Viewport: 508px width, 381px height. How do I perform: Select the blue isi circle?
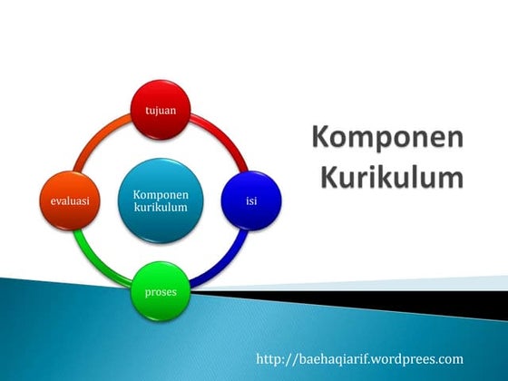point(251,200)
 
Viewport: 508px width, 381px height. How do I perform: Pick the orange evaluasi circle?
point(70,200)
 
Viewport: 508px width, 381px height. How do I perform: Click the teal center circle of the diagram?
point(161,200)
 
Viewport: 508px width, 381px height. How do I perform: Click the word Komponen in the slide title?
point(387,139)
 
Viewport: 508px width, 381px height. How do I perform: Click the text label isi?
point(251,200)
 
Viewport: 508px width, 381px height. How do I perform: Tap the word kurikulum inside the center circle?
point(161,208)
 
